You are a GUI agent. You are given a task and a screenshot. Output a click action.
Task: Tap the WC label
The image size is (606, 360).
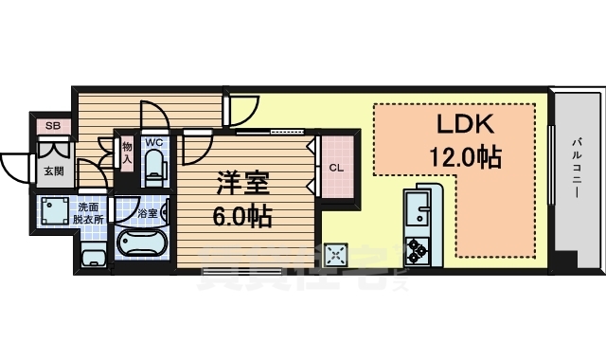pos(153,144)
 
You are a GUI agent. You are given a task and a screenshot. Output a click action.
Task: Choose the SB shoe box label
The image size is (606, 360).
pos(52,125)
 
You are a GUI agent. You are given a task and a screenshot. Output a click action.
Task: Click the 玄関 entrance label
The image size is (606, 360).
pos(53,171)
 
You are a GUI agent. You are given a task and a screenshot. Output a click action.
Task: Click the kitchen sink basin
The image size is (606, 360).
pos(417,209)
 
